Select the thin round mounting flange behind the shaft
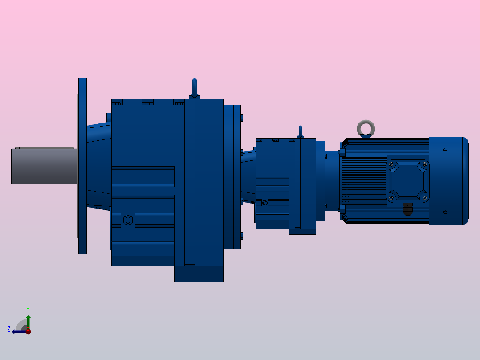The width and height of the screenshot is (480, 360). click(82, 166)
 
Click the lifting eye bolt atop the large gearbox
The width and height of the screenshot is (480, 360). click(194, 87)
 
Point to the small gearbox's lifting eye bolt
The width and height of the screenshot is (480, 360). click(301, 131)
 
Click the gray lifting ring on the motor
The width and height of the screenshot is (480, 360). click(366, 128)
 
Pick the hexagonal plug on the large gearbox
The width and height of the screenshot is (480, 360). click(128, 220)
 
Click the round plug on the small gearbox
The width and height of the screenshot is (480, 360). click(265, 203)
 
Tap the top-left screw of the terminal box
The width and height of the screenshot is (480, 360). click(391, 164)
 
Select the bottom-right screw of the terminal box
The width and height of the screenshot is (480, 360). click(424, 197)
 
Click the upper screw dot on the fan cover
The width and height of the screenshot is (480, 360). click(445, 150)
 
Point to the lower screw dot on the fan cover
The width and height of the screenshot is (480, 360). click(445, 212)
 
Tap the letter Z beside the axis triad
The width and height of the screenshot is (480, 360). click(9, 329)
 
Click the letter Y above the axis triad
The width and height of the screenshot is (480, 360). click(28, 309)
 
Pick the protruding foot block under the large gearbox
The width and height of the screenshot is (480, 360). click(199, 273)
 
